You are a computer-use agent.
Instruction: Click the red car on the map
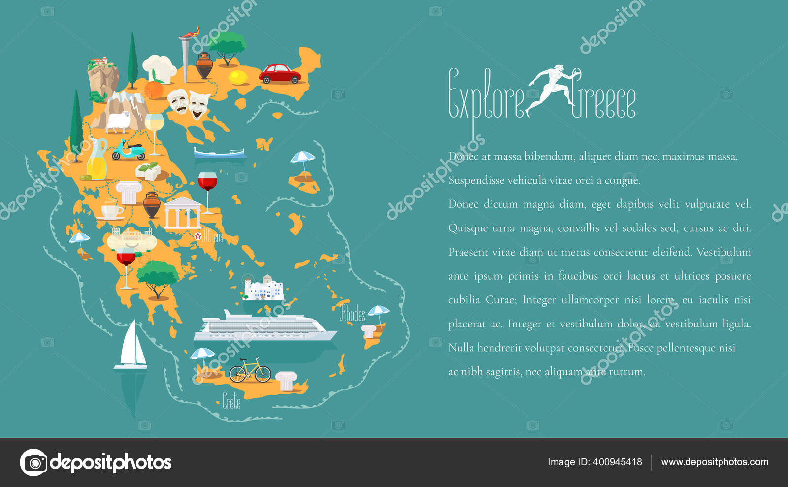[280, 74]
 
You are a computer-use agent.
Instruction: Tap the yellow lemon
[239, 77]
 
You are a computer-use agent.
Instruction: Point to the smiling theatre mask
[199, 104]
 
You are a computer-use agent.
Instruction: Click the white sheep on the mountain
[119, 122]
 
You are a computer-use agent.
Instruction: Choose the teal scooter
[129, 150]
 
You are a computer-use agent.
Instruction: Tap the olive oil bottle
[97, 161]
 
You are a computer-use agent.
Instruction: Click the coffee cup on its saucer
[112, 210]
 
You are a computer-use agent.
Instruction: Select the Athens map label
[213, 236]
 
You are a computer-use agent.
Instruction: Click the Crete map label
[231, 401]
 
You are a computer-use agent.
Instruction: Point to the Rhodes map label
[353, 313]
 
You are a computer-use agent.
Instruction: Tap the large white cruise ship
[264, 327]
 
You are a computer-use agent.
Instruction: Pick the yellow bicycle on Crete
[250, 370]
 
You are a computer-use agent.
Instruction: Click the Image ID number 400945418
[617, 462]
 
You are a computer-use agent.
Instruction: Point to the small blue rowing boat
[220, 153]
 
